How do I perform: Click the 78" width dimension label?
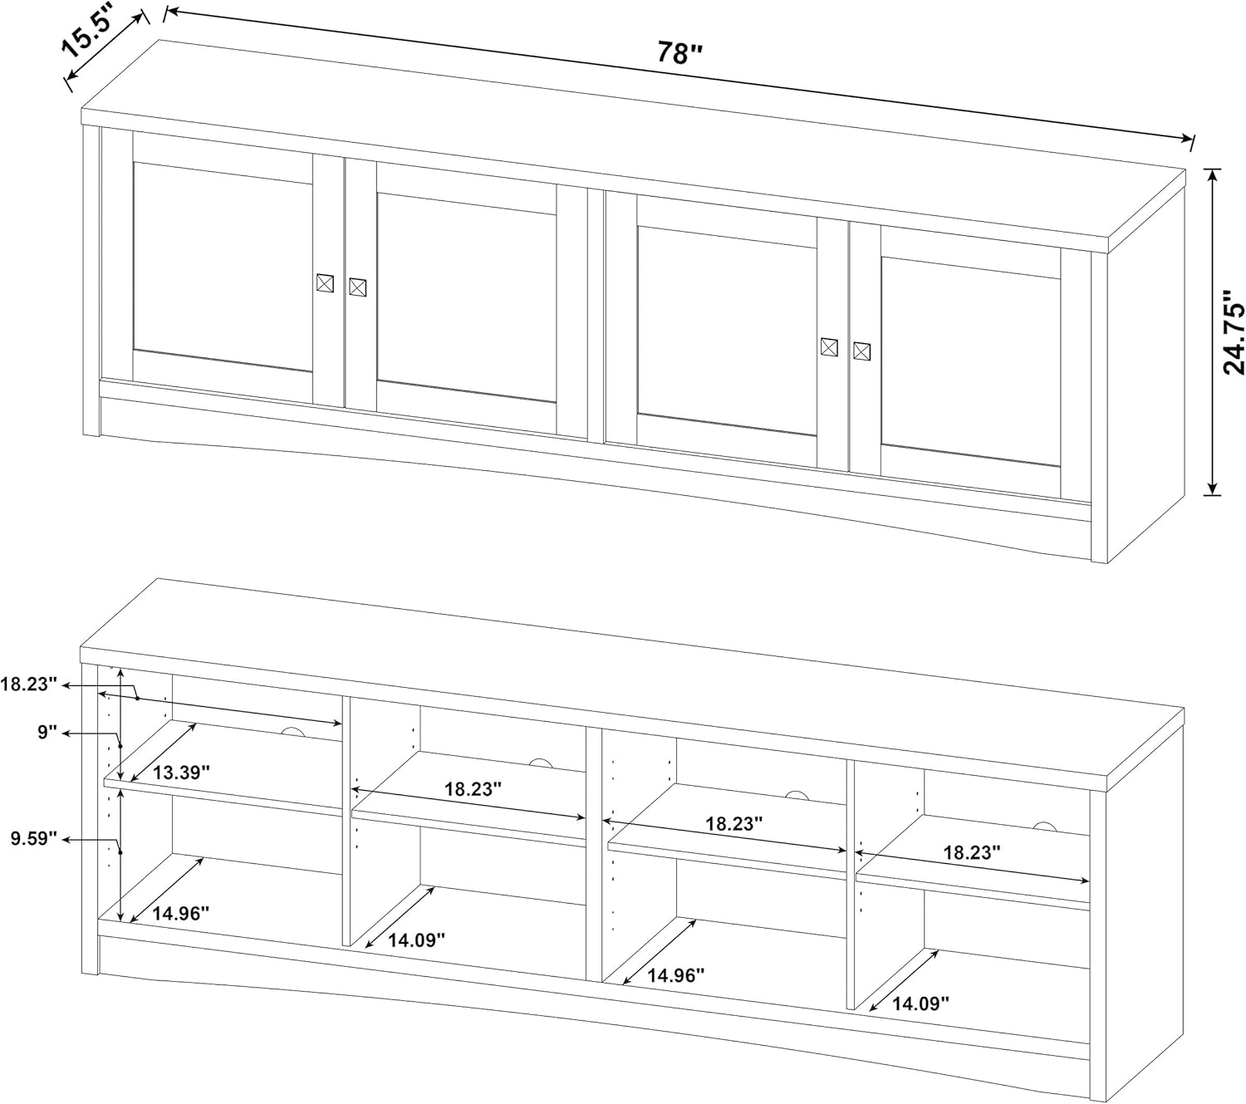point(680,53)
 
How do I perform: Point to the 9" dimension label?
point(47,733)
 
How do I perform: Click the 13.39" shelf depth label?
point(180,772)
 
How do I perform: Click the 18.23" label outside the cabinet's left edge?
point(28,684)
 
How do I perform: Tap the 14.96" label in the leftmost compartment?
point(180,913)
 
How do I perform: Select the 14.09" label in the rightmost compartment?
point(920,1003)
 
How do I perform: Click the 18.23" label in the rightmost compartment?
point(971,851)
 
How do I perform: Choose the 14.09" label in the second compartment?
point(416,940)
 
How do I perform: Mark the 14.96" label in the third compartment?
point(676,974)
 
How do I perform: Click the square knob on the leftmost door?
point(325,282)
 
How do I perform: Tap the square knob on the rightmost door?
point(861,351)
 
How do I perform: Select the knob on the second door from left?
point(357,287)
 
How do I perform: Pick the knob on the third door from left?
point(828,346)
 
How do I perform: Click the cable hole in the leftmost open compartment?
point(292,732)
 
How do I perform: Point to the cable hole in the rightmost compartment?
point(1043,826)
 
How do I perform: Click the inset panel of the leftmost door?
point(222,266)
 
